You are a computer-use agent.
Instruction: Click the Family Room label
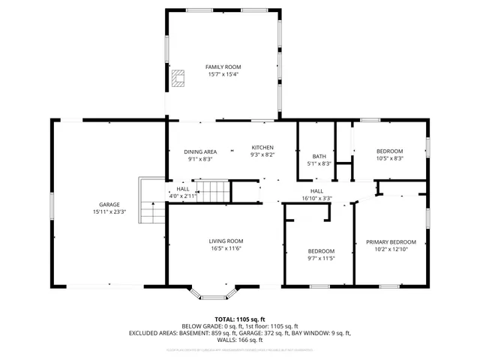point(223,67)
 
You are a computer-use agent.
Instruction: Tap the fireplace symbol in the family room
point(177,79)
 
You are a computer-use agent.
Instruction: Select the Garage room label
point(109,204)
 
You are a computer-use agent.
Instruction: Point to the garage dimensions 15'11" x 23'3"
point(109,212)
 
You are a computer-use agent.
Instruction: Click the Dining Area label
point(201,151)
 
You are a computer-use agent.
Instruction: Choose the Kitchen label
point(262,147)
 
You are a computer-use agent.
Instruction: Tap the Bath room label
point(319,156)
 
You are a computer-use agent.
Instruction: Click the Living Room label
point(226,241)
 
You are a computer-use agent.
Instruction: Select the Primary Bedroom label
point(391,241)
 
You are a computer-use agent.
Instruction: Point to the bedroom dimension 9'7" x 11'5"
point(321,258)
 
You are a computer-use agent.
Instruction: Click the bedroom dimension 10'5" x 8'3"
point(389,158)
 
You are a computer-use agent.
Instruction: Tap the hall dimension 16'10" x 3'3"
point(316,199)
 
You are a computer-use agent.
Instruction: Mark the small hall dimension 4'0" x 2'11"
point(183,196)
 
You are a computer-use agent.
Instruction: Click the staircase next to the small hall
point(211,190)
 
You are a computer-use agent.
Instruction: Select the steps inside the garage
point(152,201)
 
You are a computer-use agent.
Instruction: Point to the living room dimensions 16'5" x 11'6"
point(226,248)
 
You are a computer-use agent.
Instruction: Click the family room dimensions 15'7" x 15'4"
point(223,74)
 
